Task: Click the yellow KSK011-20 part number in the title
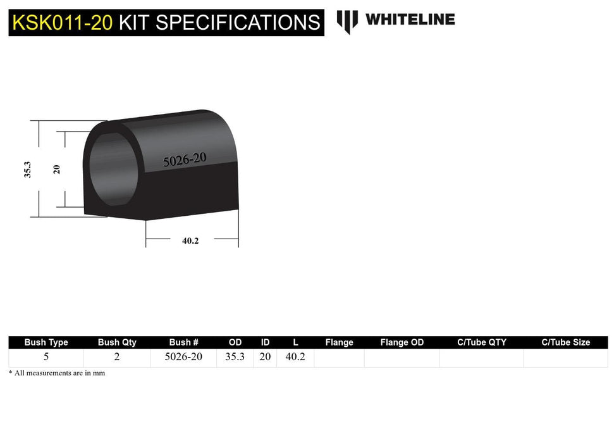tap(63, 23)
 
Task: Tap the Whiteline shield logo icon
tap(347, 21)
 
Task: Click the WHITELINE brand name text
tap(410, 20)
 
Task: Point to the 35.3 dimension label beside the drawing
tap(28, 170)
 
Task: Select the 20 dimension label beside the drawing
tap(56, 169)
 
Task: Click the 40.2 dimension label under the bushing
tap(190, 240)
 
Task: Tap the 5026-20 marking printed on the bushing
tap(185, 159)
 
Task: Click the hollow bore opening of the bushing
tap(113, 168)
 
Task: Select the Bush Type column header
tap(46, 342)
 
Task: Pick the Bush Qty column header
tap(117, 342)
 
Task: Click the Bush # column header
tap(184, 342)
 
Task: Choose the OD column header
tap(235, 342)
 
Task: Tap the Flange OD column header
tap(402, 342)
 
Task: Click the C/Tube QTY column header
tap(482, 342)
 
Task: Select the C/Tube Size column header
tap(565, 342)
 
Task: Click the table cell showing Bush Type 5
tap(46, 357)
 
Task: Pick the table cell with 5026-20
tap(183, 357)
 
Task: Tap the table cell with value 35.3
tap(235, 357)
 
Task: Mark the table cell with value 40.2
tap(295, 357)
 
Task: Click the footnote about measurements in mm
tap(57, 373)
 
